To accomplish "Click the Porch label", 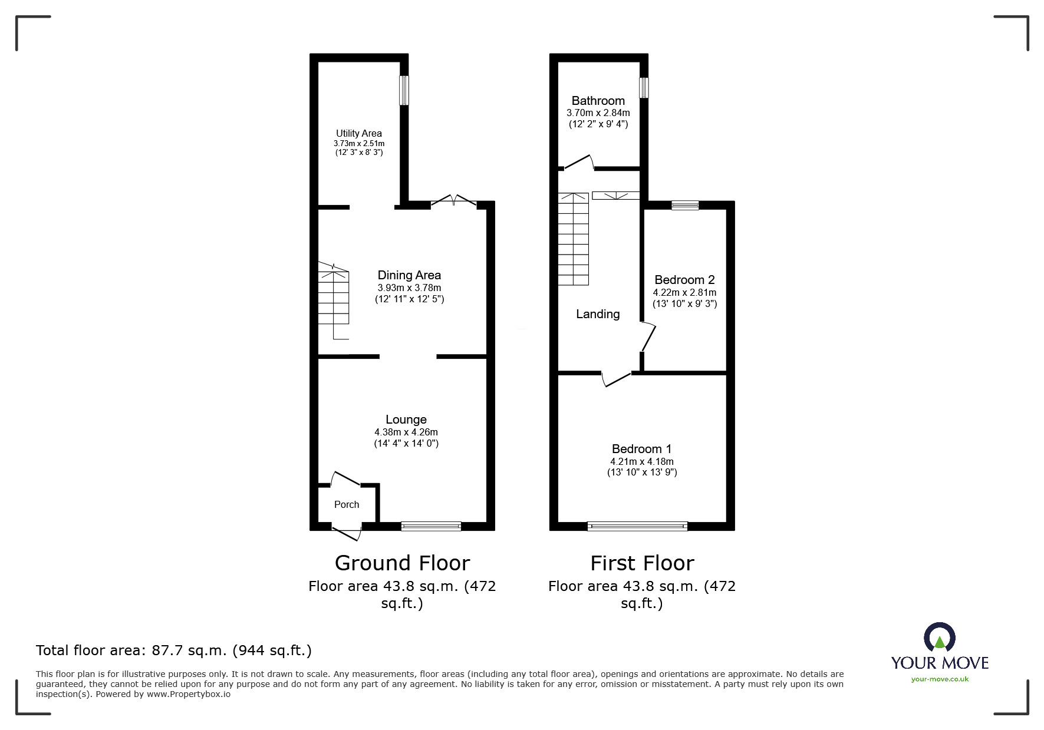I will coord(347,504).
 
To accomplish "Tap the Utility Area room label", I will coord(359,133).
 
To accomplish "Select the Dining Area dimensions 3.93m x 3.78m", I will coord(409,288).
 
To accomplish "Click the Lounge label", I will coord(406,419).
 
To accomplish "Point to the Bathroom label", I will coord(598,101).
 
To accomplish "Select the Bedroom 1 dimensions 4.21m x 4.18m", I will coord(642,462).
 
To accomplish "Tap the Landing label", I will coord(598,314).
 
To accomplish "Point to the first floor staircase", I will coord(574,239).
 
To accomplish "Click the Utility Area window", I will coord(404,90).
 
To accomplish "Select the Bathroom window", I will coord(644,87).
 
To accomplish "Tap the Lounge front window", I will coord(431,526).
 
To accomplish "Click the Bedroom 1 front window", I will coord(637,526).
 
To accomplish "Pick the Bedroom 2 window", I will coord(684,205).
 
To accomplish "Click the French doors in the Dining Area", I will coord(454,201).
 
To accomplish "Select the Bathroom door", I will coord(578,163).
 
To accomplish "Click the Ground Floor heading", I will coord(402,563).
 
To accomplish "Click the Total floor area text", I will coord(174,650).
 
